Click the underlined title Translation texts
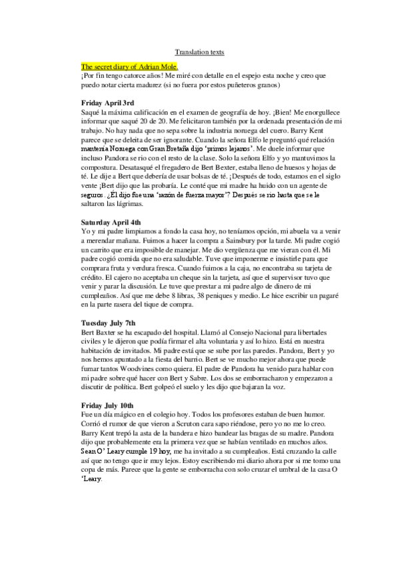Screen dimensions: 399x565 click(199, 51)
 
